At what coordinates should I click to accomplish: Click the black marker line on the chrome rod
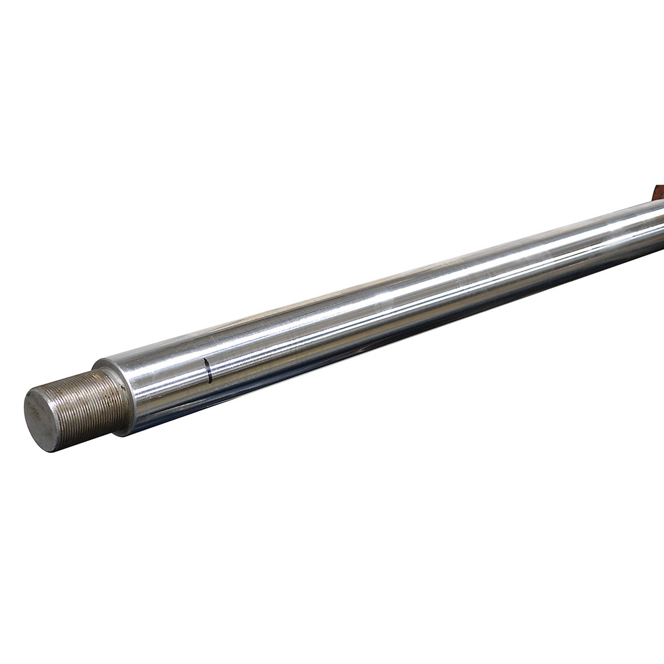coord(208,371)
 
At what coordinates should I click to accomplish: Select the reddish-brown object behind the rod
coord(658,193)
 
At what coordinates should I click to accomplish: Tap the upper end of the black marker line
coord(206,359)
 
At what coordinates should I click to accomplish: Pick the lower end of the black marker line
coord(210,382)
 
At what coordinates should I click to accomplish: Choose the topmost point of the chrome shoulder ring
coord(100,362)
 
